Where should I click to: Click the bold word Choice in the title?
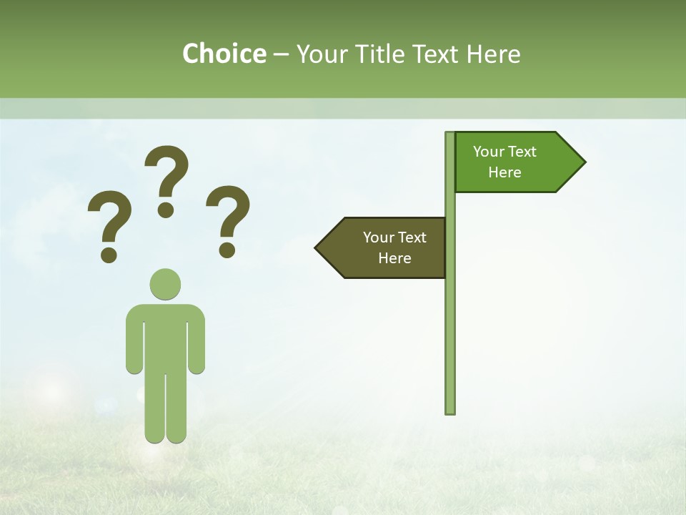[224, 54]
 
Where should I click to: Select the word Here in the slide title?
[493, 54]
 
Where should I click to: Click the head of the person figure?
[165, 284]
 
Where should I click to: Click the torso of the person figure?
[165, 336]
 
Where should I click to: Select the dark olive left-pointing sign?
[386, 247]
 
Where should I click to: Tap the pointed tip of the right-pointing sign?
[582, 162]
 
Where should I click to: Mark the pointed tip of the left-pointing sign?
[318, 248]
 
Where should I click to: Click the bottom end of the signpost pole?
[450, 411]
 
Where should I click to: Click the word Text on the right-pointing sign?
[522, 152]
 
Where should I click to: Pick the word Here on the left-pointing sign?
[394, 258]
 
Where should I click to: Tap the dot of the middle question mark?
[166, 209]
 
